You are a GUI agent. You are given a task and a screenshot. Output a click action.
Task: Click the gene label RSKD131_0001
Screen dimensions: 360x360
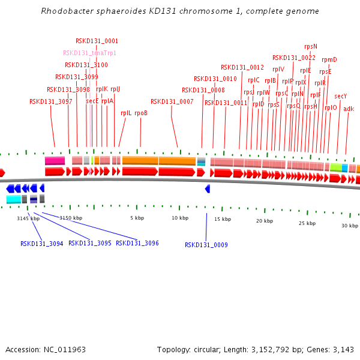(x=97, y=41)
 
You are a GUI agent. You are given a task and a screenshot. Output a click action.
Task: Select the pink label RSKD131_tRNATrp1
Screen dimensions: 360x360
(x=89, y=53)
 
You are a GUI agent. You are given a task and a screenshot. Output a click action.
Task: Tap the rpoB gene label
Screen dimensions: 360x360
(x=141, y=113)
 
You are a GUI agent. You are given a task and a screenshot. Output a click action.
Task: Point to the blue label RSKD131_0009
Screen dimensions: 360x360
(x=206, y=245)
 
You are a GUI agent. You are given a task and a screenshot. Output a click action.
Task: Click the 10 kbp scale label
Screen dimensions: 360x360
(x=180, y=218)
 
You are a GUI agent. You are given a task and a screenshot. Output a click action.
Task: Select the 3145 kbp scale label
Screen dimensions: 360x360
(x=28, y=218)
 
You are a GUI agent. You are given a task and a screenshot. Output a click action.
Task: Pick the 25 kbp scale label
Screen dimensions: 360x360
(x=307, y=223)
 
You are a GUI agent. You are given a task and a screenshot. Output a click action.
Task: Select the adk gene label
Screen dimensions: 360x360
(x=349, y=109)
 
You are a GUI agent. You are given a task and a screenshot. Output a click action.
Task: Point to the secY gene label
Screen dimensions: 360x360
(x=340, y=96)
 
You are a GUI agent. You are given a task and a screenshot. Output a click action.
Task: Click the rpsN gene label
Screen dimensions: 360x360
(x=310, y=46)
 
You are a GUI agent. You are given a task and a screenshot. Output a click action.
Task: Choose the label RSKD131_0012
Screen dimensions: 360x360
(x=242, y=67)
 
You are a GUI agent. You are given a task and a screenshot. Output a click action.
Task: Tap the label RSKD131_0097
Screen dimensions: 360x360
(x=50, y=101)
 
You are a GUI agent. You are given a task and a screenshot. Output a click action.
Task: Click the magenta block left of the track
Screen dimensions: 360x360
(x=55, y=161)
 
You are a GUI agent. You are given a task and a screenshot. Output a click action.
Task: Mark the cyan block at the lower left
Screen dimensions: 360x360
(x=13, y=199)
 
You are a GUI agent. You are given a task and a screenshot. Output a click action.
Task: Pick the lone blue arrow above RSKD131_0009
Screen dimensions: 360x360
(x=207, y=188)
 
